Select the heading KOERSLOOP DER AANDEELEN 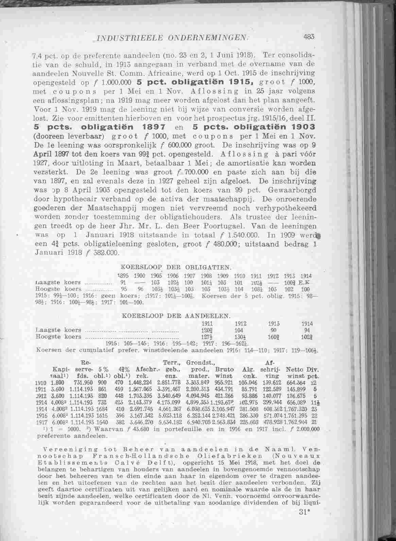(x=176, y=316)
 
